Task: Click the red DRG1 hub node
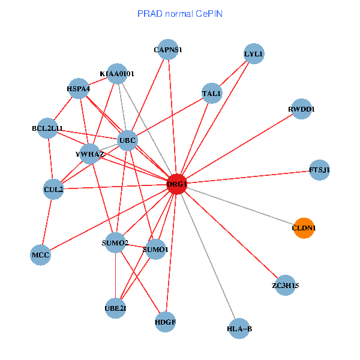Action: click(177, 184)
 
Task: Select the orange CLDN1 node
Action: click(304, 228)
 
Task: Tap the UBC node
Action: click(127, 141)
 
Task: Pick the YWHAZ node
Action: click(91, 154)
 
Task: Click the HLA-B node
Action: click(239, 328)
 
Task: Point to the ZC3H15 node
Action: click(285, 286)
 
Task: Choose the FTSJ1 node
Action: click(319, 170)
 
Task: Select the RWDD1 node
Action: click(301, 109)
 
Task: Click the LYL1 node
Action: click(254, 54)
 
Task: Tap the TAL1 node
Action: click(212, 94)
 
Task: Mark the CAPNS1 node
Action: click(168, 50)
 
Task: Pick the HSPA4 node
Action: click(79, 89)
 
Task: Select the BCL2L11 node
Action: click(47, 128)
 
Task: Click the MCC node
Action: click(40, 255)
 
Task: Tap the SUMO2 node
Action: click(115, 243)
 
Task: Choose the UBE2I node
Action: click(115, 308)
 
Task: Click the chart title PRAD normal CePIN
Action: click(180, 13)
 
